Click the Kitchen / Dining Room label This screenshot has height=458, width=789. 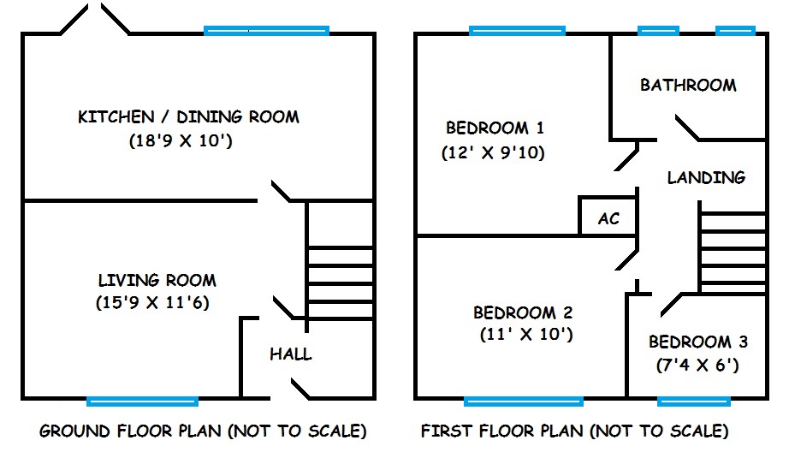click(188, 116)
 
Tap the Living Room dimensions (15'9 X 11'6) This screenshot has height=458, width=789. click(152, 302)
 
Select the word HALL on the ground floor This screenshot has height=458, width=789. click(291, 354)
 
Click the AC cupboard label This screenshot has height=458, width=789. click(608, 218)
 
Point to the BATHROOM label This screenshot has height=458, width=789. click(688, 85)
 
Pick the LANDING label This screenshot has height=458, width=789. click(706, 177)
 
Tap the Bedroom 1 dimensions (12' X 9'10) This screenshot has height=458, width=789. click(493, 152)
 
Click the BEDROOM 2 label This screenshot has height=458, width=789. click(523, 312)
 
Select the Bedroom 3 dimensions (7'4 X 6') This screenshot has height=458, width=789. click(697, 365)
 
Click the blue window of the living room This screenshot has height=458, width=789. click(142, 401)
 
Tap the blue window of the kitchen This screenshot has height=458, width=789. click(267, 31)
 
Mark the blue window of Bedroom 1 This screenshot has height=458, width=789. click(517, 31)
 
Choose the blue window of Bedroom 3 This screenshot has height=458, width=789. click(694, 401)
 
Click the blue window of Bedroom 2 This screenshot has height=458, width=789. click(524, 401)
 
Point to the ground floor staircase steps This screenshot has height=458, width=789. click(340, 283)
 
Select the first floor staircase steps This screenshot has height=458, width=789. click(733, 252)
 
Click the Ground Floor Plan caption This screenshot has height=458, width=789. click(203, 431)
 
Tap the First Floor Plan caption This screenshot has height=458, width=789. click(575, 431)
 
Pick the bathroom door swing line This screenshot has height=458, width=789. click(687, 128)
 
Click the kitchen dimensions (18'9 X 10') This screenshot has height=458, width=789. click(181, 140)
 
